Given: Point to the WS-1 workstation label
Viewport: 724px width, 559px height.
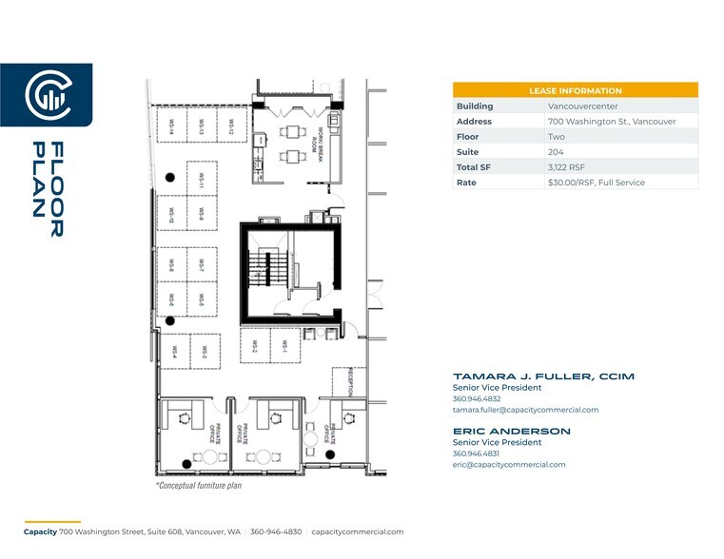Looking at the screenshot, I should point(284,349).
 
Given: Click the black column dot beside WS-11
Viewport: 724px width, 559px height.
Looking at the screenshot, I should point(170,178).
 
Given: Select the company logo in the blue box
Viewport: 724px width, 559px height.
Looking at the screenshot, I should point(46,95).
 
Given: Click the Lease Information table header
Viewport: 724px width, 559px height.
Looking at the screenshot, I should point(575,90).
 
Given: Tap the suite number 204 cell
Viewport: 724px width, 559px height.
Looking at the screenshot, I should point(556,151).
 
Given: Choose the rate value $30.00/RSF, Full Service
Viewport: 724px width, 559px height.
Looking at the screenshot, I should point(596,182).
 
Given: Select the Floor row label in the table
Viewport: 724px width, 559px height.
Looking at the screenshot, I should point(467,136).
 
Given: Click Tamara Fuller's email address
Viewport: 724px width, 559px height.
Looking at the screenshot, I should point(525,410).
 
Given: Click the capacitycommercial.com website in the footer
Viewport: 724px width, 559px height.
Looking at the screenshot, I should point(358,532).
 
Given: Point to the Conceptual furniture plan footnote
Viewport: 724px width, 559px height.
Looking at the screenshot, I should point(198,485).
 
